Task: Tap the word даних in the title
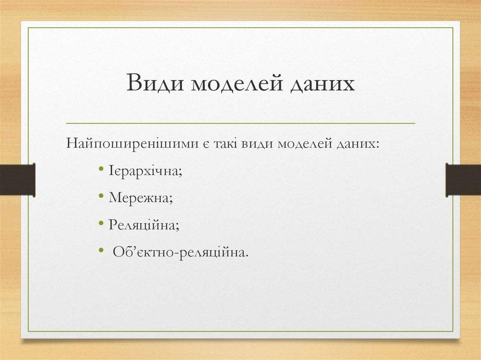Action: (321, 84)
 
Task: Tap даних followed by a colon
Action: (357, 143)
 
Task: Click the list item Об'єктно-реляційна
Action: (179, 253)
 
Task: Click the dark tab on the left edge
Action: (17, 180)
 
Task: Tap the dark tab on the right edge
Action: (463, 180)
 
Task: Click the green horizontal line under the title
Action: (240, 123)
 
